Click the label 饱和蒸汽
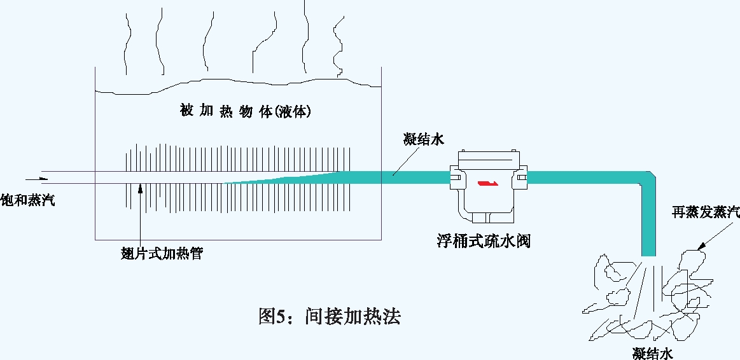[27, 200]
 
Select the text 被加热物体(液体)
[246, 111]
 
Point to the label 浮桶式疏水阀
[484, 241]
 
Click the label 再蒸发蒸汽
[706, 212]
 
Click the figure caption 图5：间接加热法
[329, 315]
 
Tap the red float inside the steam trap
[486, 184]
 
